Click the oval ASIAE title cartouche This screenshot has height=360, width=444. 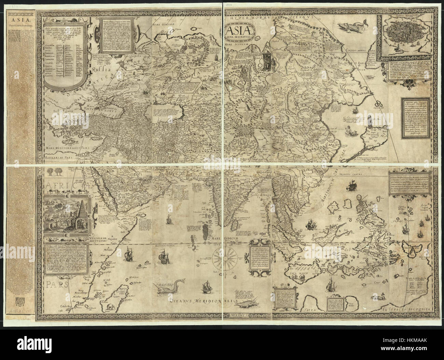tap(237, 32)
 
